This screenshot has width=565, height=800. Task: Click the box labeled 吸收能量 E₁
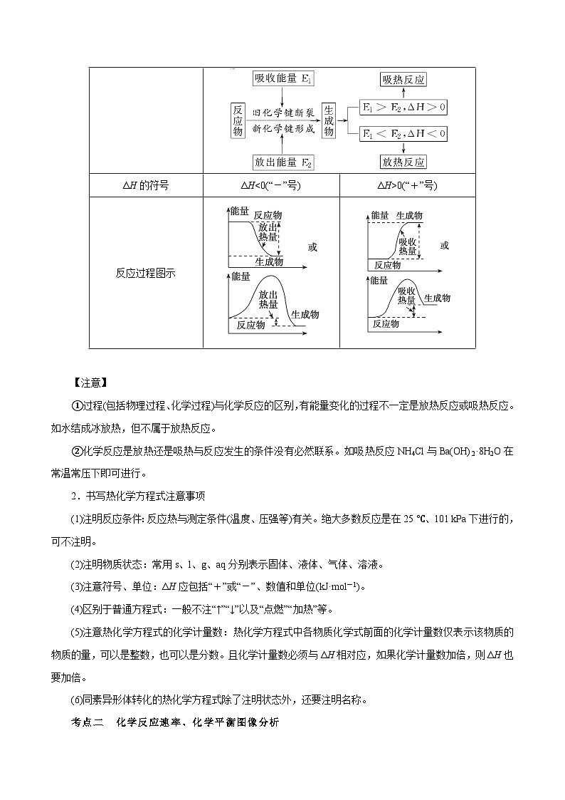284,79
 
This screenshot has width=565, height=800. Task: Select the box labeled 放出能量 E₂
284,162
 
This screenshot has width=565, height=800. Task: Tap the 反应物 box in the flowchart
238,120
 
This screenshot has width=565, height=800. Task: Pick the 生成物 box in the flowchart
329,120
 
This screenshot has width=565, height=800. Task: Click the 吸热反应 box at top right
403,80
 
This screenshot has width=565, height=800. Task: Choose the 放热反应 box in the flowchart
403,162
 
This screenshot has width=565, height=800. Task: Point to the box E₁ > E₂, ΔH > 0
403,108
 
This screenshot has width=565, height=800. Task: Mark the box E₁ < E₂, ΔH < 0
403,133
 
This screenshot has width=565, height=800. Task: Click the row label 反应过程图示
146,273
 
